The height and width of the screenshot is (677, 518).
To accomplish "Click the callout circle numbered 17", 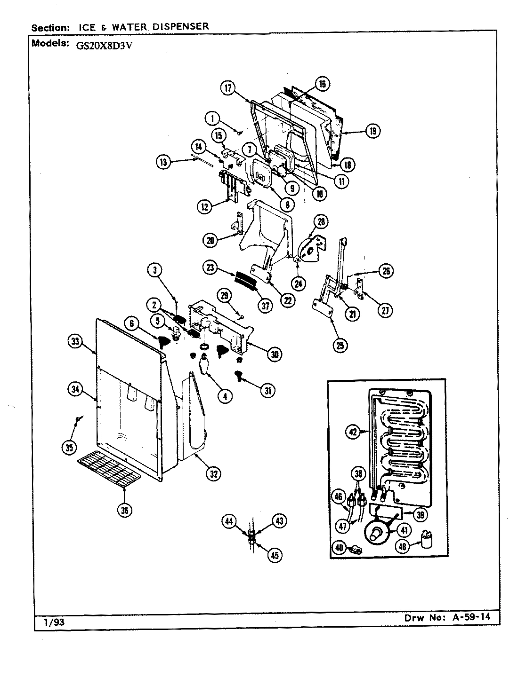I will point(228,88).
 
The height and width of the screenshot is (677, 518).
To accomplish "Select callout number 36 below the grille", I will point(124,510).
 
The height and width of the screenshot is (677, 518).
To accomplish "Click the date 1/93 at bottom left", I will point(54,622).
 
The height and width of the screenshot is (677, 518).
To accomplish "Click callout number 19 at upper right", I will point(372,131).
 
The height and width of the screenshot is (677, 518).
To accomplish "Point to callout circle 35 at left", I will point(69,447).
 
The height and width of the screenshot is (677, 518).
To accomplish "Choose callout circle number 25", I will point(340,345).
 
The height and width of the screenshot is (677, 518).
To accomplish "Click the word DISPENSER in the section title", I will point(181,26).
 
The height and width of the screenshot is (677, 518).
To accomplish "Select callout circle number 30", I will point(274,355).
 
